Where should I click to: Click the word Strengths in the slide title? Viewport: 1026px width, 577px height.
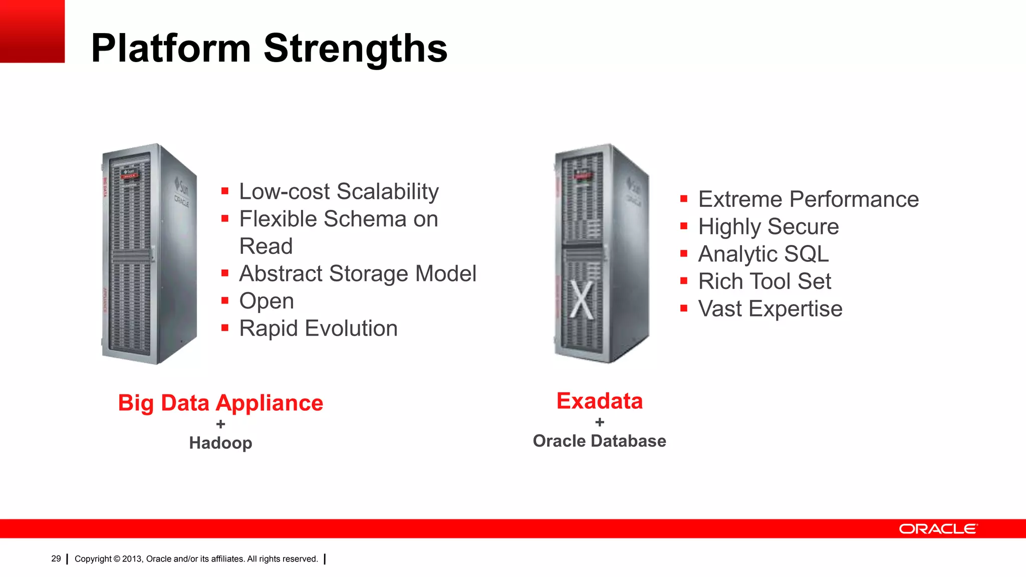point(355,49)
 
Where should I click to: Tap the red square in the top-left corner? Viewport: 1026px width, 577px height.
point(32,31)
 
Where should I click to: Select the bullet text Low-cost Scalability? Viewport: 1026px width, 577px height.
point(339,192)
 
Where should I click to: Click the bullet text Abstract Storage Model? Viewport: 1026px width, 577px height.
point(358,274)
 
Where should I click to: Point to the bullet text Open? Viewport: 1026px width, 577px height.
point(267,301)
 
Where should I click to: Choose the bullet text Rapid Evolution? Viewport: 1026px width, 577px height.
point(318,329)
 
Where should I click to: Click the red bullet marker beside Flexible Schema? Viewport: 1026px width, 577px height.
point(225,218)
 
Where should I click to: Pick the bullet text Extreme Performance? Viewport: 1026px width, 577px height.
point(809,199)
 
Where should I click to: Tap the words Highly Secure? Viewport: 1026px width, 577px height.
point(768,227)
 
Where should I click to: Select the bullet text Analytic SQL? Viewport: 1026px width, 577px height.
point(763,254)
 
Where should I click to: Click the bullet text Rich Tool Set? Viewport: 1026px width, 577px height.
point(764,281)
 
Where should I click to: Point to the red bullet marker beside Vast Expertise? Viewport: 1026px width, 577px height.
point(684,308)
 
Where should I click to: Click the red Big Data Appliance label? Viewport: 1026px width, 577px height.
point(220,403)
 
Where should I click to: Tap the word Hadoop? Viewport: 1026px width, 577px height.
point(220,443)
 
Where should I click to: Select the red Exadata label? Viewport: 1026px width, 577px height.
point(600,401)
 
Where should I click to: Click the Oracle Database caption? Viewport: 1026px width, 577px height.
point(599,441)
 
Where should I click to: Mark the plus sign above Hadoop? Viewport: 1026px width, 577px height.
point(220,424)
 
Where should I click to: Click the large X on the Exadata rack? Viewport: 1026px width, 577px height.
point(582,300)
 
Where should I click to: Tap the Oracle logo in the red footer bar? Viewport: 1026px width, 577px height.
point(938,529)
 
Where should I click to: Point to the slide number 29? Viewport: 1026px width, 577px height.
point(56,558)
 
